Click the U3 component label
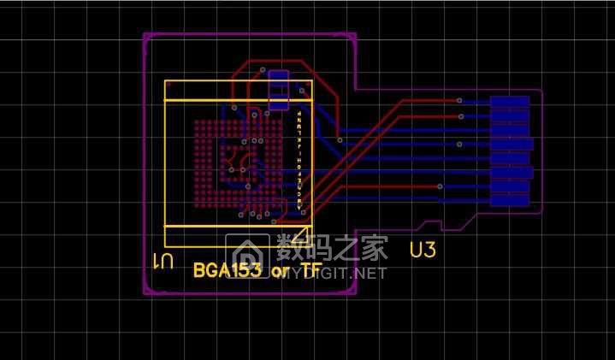(x=423, y=250)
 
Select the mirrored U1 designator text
(x=163, y=261)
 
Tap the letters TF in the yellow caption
(x=310, y=271)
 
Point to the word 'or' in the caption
(x=281, y=272)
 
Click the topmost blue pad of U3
(x=510, y=101)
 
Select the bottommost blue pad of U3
(x=510, y=201)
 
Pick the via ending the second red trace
(x=461, y=115)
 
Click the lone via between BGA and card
(x=340, y=139)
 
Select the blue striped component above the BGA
(x=279, y=91)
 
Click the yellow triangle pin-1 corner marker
(x=304, y=221)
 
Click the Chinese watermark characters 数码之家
(x=333, y=249)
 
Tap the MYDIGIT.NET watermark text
(x=334, y=273)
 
